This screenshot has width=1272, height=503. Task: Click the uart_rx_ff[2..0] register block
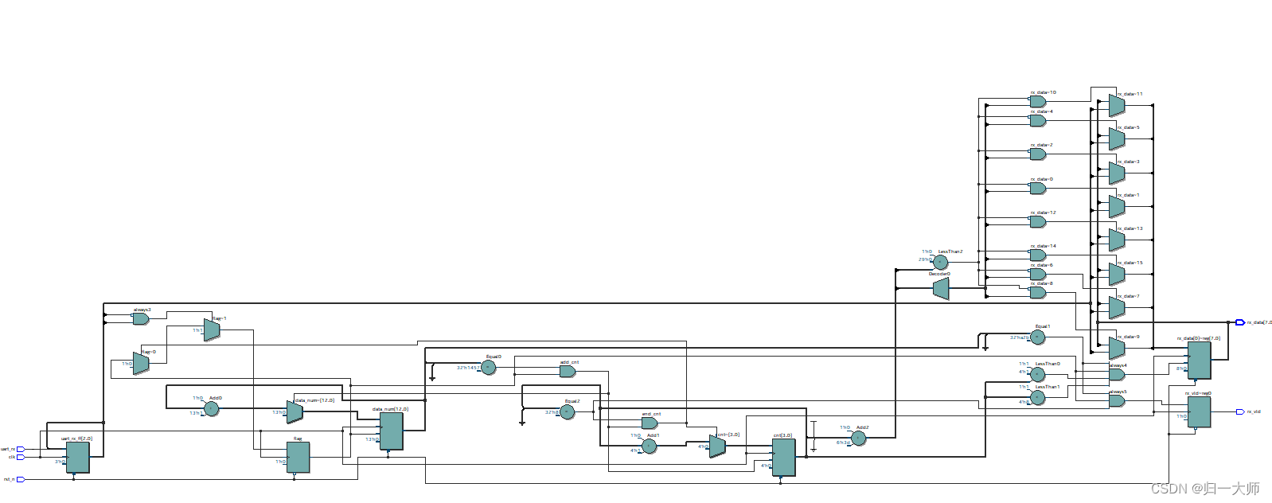77,457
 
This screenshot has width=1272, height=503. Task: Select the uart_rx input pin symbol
21,449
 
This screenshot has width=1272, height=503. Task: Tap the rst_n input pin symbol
21,479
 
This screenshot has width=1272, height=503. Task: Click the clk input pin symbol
21,457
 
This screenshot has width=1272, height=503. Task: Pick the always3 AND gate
140,318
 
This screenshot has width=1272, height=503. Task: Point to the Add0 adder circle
211,408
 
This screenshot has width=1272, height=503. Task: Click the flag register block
298,457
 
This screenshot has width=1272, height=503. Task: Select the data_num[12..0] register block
391,431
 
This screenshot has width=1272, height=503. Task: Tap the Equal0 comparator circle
489,367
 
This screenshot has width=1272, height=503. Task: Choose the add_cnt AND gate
567,371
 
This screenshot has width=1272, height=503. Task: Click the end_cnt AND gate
650,423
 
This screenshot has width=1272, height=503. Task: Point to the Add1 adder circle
650,446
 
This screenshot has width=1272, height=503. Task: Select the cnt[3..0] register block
783,457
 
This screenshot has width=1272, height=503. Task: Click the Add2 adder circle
859,439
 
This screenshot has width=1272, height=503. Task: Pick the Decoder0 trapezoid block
941,288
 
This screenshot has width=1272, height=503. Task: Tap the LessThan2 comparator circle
941,262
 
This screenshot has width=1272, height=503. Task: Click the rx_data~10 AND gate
1038,102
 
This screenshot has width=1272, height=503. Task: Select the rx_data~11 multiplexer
1117,106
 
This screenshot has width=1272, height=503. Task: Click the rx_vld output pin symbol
1239,411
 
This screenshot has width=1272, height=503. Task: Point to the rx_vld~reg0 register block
1199,411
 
